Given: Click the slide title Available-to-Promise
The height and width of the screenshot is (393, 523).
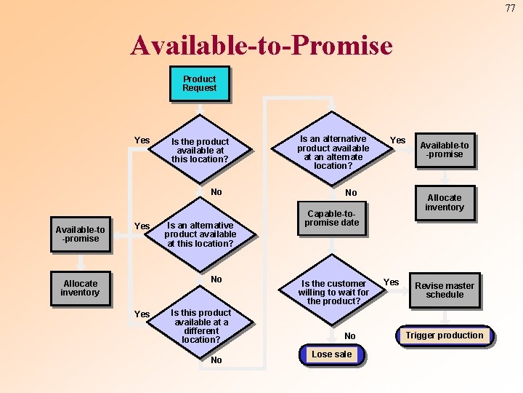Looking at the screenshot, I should (261, 46).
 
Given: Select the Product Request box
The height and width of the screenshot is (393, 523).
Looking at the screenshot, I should (200, 84).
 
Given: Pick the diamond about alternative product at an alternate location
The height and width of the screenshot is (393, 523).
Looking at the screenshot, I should (333, 152).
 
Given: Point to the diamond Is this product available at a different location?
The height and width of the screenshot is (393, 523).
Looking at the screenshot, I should (201, 325).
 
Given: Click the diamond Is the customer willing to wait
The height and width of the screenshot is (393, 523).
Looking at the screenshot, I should (333, 292).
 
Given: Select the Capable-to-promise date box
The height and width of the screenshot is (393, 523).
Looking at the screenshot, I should (332, 218).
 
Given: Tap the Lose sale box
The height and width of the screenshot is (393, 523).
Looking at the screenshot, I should (331, 354).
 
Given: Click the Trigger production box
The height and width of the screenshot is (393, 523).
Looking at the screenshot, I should (445, 336).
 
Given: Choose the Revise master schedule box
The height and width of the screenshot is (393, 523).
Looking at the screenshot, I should (445, 290).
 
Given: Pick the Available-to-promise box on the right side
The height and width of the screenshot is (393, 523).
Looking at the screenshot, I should (445, 149).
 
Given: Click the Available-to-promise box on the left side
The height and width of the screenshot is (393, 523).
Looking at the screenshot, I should (81, 234).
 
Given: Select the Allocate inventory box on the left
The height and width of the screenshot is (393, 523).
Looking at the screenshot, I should (80, 288).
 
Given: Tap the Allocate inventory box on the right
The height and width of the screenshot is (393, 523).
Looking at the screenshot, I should (445, 202).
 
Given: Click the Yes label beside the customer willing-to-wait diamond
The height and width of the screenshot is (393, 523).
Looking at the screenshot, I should (392, 282).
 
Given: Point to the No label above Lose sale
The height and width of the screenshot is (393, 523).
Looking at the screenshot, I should (350, 336).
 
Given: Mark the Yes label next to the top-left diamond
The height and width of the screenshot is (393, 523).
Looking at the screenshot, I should (142, 140).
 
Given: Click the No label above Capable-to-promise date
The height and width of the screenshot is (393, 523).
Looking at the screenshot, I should (351, 193).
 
